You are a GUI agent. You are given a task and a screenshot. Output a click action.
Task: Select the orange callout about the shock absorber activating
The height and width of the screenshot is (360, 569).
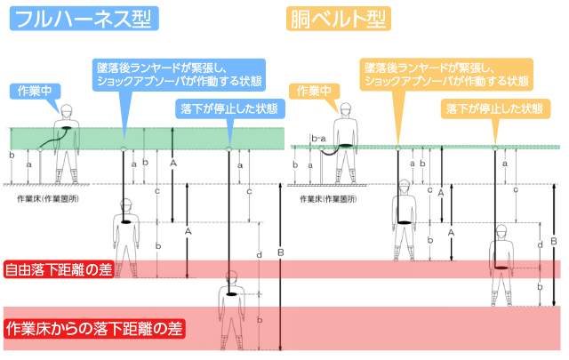pos(447,74)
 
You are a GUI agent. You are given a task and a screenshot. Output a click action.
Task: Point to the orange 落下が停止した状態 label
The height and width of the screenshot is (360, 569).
pos(493,108)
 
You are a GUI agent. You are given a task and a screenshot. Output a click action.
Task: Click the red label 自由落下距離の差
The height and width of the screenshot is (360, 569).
pos(59,269)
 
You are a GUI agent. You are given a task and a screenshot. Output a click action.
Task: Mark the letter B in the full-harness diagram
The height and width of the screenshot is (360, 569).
pos(282,252)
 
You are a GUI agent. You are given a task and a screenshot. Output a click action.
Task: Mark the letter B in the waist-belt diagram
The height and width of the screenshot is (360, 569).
pos(555,240)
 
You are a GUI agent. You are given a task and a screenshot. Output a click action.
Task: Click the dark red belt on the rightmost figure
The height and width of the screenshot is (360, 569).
pos(502,264)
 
